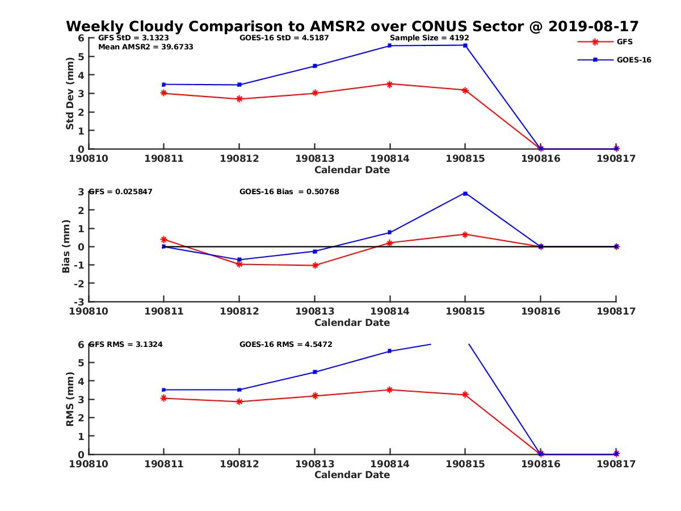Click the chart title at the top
click(352, 26)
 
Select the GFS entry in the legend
click(624, 41)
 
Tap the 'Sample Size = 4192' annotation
click(429, 38)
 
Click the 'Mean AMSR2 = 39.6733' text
click(145, 47)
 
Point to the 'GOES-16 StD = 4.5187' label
click(284, 38)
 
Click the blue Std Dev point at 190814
click(390, 45)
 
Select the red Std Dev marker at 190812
click(239, 99)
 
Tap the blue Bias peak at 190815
click(465, 194)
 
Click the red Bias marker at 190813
click(314, 265)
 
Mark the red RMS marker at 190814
click(390, 389)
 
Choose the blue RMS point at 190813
click(314, 372)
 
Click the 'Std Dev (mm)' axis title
click(70, 94)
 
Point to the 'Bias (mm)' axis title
click(66, 247)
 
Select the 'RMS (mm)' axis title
click(70, 399)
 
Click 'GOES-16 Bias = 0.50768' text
click(289, 192)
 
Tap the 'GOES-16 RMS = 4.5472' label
click(285, 344)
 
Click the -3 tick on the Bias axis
click(81, 301)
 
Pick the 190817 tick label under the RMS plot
click(616, 463)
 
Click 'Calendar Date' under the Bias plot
click(352, 322)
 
